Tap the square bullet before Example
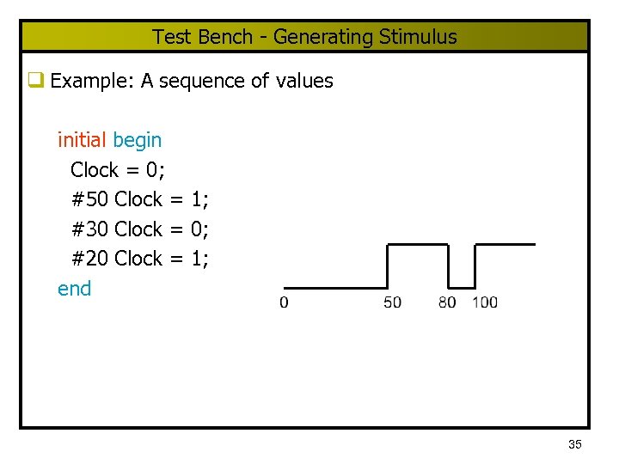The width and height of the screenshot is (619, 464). coord(36,81)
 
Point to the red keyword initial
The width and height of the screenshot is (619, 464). coord(82,139)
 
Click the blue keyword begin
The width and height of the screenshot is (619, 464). coord(137,140)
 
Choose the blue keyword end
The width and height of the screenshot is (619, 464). coord(74,289)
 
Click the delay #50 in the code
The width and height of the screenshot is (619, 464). coord(89,199)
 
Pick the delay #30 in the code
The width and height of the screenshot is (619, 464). coord(89,229)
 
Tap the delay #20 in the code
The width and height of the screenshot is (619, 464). coord(89,259)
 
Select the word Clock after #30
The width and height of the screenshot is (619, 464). coord(138,229)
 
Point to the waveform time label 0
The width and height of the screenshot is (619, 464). coord(285,302)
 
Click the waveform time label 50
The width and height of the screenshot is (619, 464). coord(392,302)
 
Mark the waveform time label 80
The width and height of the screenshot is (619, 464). coord(447,302)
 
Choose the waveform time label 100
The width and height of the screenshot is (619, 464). coord(485,302)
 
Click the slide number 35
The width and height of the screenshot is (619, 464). coord(575,444)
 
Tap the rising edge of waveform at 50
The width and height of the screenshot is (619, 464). coord(388,266)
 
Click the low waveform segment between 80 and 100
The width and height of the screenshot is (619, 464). coord(462,288)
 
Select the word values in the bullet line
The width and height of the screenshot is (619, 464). coord(304,82)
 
